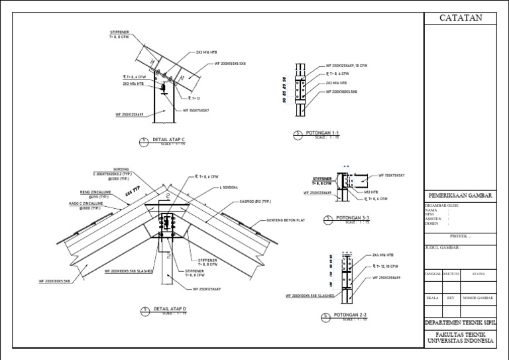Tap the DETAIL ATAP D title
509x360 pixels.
(170, 309)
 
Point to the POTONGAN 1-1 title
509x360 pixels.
(322, 134)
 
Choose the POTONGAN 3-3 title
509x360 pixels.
(352, 217)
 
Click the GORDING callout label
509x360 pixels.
(121, 169)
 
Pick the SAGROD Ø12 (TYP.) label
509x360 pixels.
(255, 201)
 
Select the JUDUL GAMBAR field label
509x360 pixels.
(442, 247)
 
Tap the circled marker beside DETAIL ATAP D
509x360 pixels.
(143, 310)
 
